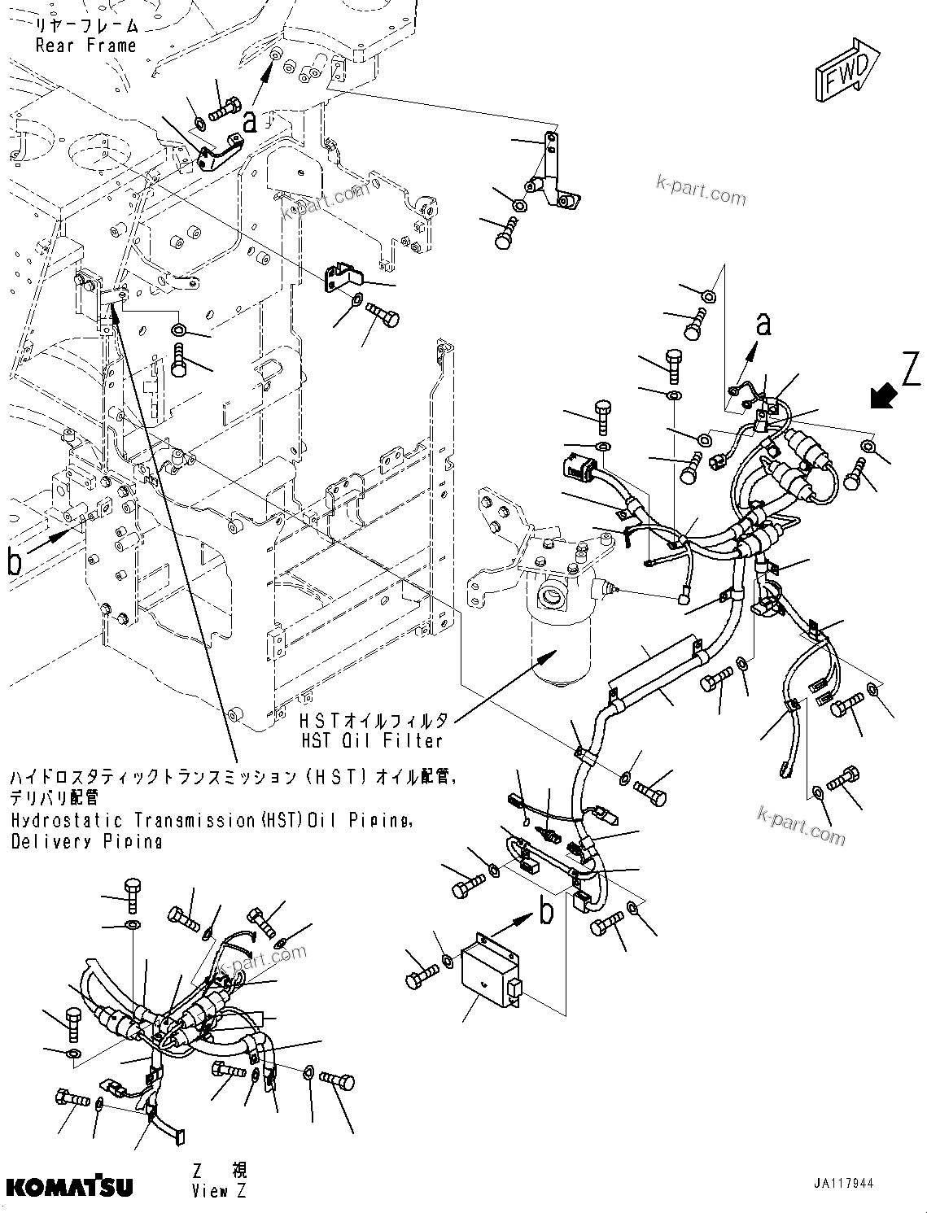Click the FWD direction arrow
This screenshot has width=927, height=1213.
tap(847, 72)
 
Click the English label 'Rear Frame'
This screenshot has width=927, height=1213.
tap(85, 46)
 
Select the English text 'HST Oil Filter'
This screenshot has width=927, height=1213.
tap(371, 740)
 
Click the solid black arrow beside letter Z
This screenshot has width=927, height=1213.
tap(882, 397)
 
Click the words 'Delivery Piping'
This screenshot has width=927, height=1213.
tap(86, 841)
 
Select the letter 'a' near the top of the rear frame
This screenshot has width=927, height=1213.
tap(251, 122)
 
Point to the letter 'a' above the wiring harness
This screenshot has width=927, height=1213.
tap(763, 325)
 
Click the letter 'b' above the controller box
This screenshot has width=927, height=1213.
tap(547, 911)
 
